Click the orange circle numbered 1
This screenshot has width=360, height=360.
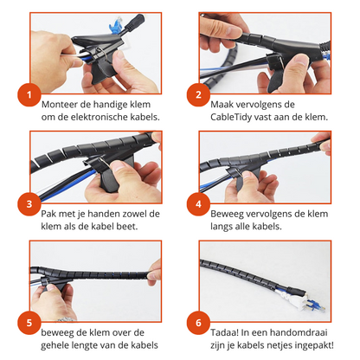tap(29, 96)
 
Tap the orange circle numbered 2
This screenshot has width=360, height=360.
tap(197, 96)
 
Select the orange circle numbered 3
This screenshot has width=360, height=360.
tap(29, 206)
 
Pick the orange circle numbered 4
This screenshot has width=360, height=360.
tap(197, 206)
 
